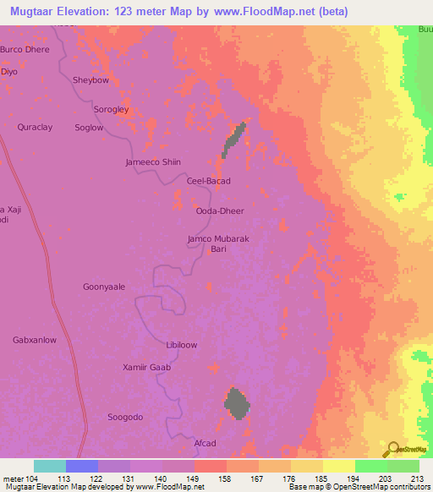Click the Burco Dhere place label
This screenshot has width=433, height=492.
(25, 50)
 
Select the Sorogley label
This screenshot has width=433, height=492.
(111, 110)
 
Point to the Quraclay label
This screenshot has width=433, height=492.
(35, 127)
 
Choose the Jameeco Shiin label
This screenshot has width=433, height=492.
(153, 162)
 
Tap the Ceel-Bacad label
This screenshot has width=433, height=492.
(208, 181)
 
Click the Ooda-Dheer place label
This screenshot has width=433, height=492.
(216, 212)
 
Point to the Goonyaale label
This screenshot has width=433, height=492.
(104, 287)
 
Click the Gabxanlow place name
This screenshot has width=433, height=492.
(35, 340)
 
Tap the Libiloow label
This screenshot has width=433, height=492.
(182, 346)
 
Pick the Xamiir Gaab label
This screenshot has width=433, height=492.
(147, 368)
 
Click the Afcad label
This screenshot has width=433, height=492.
(206, 444)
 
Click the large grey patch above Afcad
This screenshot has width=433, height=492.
(237, 403)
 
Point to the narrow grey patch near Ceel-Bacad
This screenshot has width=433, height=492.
(234, 139)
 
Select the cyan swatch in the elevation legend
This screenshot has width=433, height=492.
(50, 466)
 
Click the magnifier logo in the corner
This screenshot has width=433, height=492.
(393, 450)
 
